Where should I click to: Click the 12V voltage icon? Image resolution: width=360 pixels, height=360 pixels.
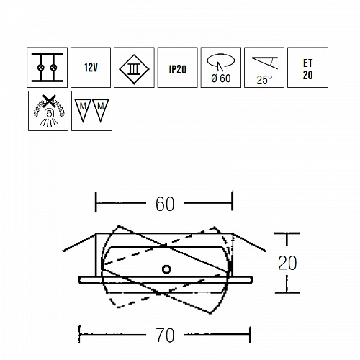coord(91,68)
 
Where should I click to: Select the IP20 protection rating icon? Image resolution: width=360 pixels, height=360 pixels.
coord(178,68)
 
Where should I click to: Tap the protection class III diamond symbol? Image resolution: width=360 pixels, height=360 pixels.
coord(134,69)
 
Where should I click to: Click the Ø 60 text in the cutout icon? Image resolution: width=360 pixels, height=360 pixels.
coord(221,78)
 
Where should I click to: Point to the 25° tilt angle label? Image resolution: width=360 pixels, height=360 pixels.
coord(264,80)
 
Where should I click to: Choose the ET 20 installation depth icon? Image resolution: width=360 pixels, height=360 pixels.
coord(307,68)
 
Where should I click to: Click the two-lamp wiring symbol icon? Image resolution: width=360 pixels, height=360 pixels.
coord(47,68)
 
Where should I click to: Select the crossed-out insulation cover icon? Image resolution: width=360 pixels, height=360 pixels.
coord(48,111)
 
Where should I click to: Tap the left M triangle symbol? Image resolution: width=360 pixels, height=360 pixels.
coord(83,110)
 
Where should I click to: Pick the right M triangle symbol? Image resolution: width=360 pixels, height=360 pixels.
coord(101,110)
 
